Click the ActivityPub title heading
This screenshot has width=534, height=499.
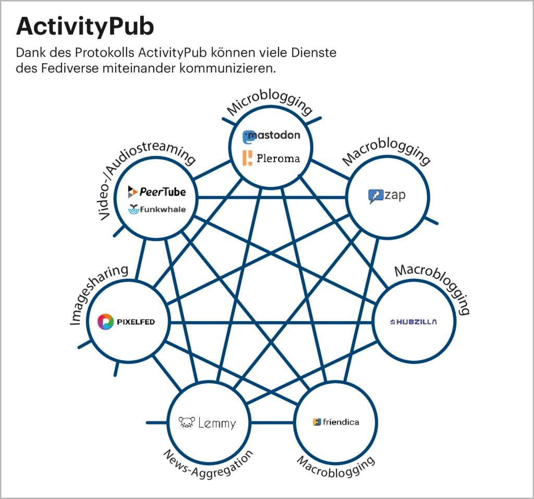[85, 26]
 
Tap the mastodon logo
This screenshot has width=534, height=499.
[272, 136]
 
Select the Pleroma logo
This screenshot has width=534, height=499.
[271, 158]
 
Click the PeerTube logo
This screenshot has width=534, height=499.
[156, 192]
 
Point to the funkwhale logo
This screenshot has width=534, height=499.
[156, 209]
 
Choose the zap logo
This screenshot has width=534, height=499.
[386, 196]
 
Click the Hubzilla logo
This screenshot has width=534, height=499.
[414, 322]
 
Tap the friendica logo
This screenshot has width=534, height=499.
[336, 422]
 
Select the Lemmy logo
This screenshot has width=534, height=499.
[207, 422]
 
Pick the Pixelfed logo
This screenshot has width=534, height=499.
[126, 322]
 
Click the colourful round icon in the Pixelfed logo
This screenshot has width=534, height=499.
[106, 322]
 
